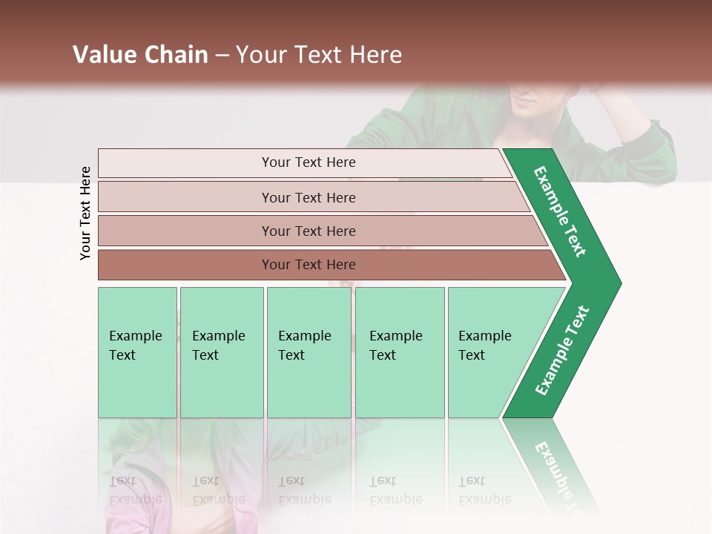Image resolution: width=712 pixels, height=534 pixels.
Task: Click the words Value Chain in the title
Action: pyautogui.click(x=140, y=55)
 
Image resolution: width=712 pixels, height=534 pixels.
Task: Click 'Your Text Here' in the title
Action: pyautogui.click(x=319, y=55)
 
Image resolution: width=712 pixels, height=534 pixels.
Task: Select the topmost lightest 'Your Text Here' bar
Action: pyautogui.click(x=308, y=162)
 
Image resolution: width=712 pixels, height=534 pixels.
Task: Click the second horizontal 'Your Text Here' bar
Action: pyautogui.click(x=308, y=197)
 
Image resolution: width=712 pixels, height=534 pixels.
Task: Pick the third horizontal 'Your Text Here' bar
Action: pyautogui.click(x=308, y=231)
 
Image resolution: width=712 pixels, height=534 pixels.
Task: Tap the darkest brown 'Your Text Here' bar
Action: pyautogui.click(x=308, y=265)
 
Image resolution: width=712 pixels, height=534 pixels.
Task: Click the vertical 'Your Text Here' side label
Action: pyautogui.click(x=85, y=213)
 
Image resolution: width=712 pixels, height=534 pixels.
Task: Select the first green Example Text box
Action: pyautogui.click(x=137, y=352)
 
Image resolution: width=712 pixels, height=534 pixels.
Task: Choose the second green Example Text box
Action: pyautogui.click(x=221, y=352)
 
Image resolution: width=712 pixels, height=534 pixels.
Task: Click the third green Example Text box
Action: pyautogui.click(x=308, y=352)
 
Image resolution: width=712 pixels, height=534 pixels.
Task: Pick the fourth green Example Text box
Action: pyautogui.click(x=399, y=352)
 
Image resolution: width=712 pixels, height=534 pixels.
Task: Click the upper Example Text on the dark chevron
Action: pyautogui.click(x=560, y=211)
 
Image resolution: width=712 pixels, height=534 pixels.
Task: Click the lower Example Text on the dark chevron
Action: pyautogui.click(x=561, y=351)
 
